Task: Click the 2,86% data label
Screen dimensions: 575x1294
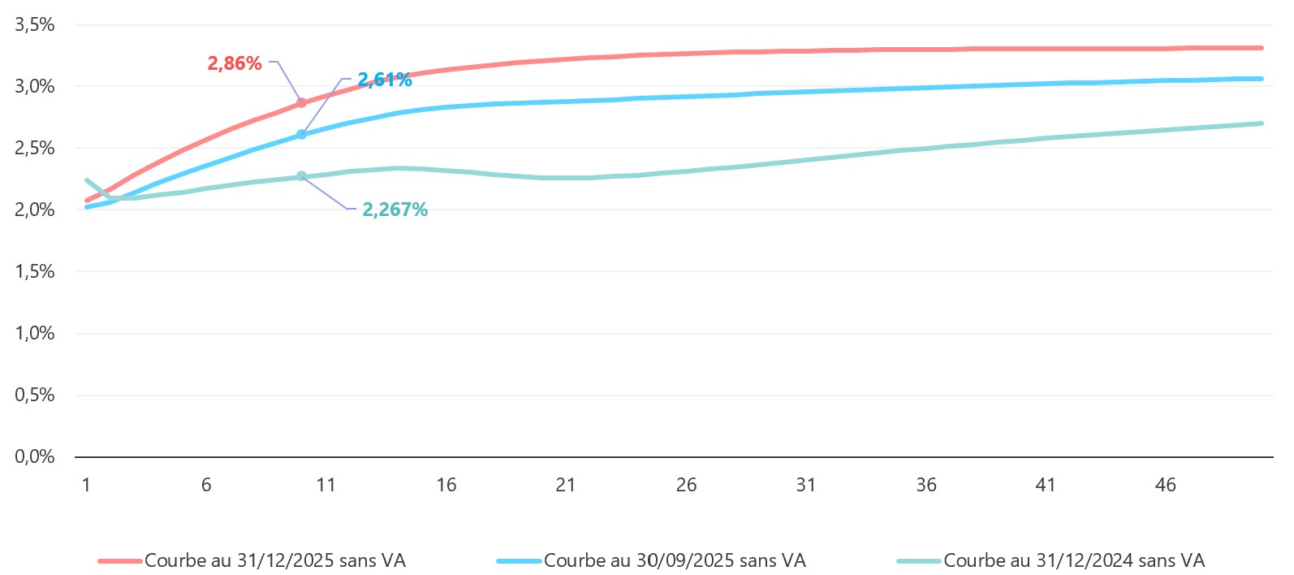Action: (x=235, y=63)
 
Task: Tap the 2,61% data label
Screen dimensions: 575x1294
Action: (x=385, y=80)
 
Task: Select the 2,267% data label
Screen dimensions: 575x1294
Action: (x=395, y=210)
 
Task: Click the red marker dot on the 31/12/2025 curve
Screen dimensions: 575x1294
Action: (x=301, y=103)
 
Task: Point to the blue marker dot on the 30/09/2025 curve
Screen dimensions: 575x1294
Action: (x=301, y=135)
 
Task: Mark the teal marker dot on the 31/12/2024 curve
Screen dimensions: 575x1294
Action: (x=301, y=176)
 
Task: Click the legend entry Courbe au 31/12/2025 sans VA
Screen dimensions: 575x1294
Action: (x=274, y=560)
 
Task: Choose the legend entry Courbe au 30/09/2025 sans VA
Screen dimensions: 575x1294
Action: (x=674, y=560)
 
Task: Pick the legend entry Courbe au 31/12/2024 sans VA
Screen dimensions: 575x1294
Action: (x=1073, y=560)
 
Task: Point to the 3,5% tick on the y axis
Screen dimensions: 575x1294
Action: (x=35, y=24)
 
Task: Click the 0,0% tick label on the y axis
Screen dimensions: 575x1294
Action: (x=35, y=456)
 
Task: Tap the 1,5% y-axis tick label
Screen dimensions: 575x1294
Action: (x=35, y=271)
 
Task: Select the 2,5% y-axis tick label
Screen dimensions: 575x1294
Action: (x=35, y=148)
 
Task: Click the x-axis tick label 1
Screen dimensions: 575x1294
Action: (x=86, y=485)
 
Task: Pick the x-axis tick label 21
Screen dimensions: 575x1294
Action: (x=566, y=485)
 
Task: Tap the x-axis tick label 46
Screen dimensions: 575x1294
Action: (x=1166, y=485)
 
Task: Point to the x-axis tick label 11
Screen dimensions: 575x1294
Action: (x=326, y=485)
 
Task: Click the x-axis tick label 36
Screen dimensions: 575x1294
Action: (x=925, y=485)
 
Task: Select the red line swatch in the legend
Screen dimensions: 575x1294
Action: (x=119, y=561)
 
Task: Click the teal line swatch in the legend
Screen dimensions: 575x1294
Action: (x=918, y=561)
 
